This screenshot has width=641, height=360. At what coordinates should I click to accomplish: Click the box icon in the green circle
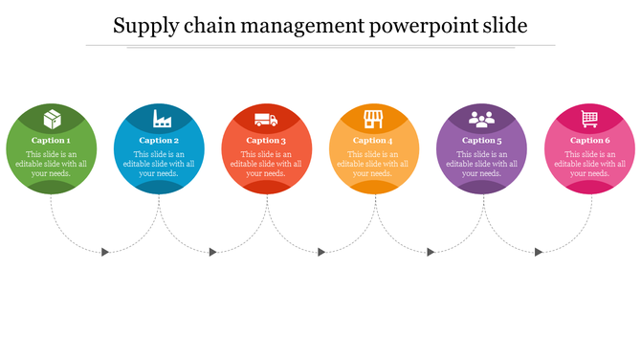click(52, 120)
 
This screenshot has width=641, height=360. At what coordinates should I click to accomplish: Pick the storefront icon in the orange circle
click(374, 120)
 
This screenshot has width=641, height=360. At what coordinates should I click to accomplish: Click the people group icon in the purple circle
click(481, 120)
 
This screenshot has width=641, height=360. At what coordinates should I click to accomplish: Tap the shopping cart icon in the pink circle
click(589, 120)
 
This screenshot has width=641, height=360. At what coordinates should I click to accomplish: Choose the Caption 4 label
click(374, 141)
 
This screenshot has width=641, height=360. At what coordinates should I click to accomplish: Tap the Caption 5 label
click(481, 141)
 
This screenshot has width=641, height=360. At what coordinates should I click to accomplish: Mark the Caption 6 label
click(589, 141)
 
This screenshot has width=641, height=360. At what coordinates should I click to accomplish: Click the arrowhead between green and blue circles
click(105, 252)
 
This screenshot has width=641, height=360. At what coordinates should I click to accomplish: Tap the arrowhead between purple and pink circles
click(538, 252)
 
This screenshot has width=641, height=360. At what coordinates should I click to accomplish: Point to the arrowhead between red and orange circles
click(321, 252)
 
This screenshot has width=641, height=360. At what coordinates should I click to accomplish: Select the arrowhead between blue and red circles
click(213, 252)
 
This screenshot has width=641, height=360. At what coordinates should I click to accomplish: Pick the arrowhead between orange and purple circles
click(430, 252)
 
